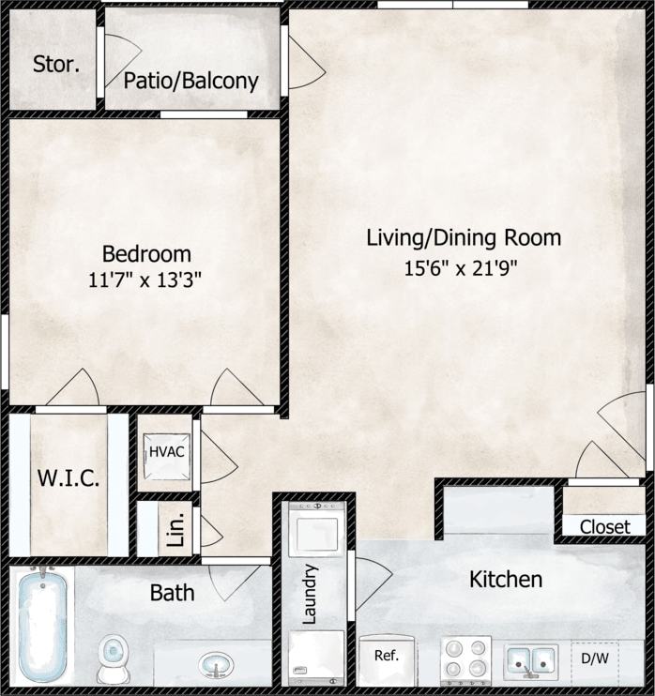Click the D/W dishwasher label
coord(594,658)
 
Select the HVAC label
coord(166,452)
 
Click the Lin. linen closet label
coord(175,531)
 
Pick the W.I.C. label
coord(69,477)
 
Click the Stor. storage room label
coord(55,65)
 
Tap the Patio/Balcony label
coord(190,81)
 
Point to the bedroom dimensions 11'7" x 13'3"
coord(146,279)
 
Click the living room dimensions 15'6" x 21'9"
coord(461,268)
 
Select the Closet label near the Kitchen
coord(604,527)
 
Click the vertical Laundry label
coord(312,594)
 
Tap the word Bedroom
coord(146,253)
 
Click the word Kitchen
coord(505,579)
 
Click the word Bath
coord(173,592)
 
